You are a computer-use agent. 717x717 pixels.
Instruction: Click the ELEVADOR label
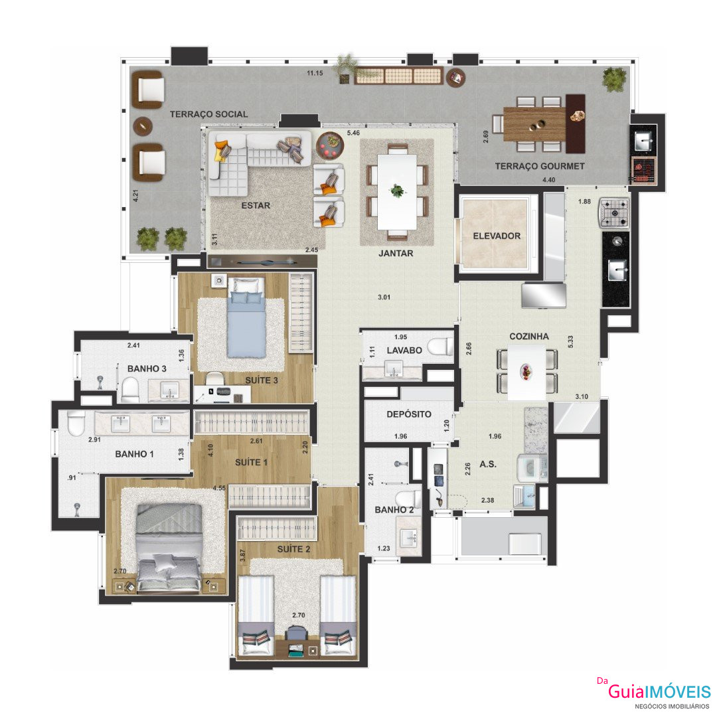pos(497,236)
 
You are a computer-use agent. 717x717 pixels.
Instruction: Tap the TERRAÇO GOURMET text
pos(540,166)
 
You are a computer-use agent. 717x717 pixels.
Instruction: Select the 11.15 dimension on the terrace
pos(315,73)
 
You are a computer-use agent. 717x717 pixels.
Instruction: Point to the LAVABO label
pos(404,351)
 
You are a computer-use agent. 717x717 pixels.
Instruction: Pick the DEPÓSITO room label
pos(409,414)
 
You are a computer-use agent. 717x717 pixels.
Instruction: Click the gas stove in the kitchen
pos(614,212)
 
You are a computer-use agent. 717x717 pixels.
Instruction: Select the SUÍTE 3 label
pos(261,380)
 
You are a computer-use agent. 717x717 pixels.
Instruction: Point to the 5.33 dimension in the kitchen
pos(570,342)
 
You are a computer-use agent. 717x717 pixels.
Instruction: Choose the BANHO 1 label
pos(134,454)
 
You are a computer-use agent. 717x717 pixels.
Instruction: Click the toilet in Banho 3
pos(130,390)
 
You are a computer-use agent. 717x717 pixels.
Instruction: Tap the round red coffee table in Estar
pos(330,145)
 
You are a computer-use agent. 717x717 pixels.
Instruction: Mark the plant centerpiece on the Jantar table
pos(397,191)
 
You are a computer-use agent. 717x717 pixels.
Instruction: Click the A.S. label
pos(487,464)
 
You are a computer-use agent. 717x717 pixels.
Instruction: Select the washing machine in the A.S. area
pos(531,468)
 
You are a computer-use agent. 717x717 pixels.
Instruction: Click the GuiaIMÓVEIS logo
pos(659,691)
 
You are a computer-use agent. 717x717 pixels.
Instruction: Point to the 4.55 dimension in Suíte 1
pos(219,488)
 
